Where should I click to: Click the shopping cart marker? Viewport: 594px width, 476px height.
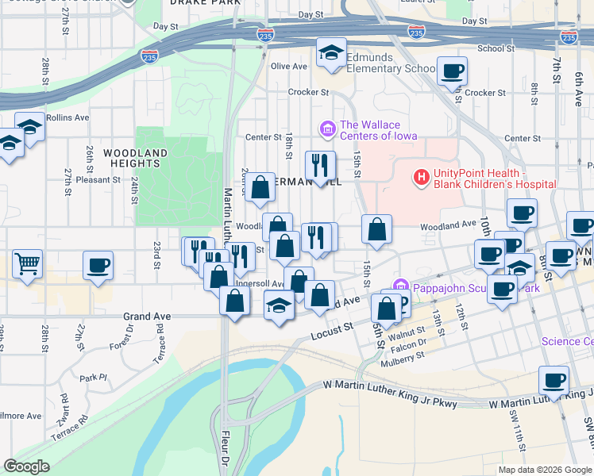click(x=27, y=263)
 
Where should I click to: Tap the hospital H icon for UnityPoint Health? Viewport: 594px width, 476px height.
click(x=421, y=176)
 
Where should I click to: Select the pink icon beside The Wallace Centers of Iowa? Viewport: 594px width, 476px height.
click(x=326, y=128)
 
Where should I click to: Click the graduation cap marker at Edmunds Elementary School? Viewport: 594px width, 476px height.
click(x=331, y=52)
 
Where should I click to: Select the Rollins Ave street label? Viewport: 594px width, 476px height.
click(x=67, y=117)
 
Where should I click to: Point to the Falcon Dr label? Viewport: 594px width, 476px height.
click(x=410, y=342)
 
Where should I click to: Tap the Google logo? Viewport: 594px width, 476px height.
click(x=27, y=466)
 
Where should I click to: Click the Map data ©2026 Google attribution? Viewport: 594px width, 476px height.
click(x=543, y=470)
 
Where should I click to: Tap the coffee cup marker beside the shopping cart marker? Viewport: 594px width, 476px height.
click(x=98, y=266)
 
